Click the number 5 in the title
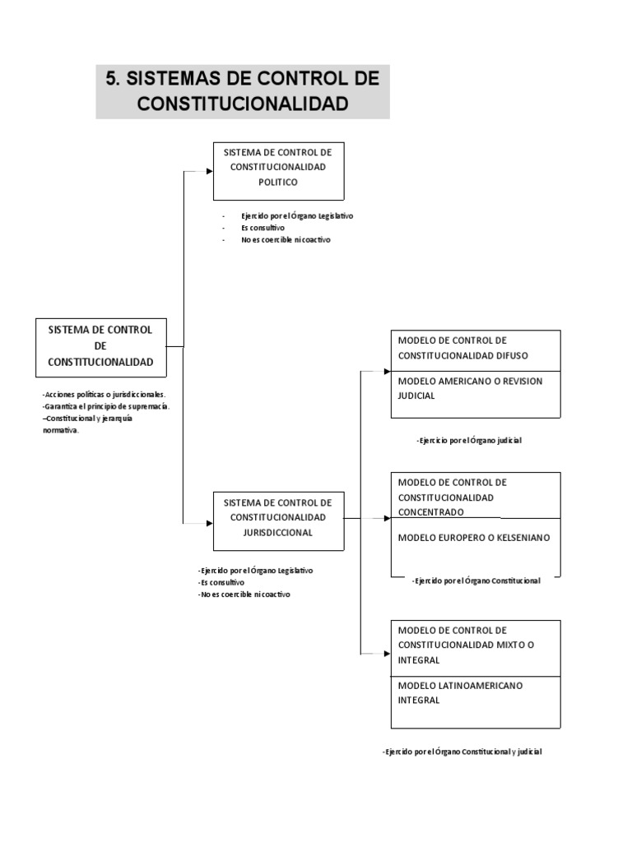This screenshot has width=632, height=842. (112, 80)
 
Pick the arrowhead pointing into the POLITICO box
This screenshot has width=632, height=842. (209, 171)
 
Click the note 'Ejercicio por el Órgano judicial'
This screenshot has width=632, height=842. (470, 441)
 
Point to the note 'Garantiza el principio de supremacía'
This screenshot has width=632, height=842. (106, 406)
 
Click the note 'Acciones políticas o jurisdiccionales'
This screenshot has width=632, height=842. (104, 395)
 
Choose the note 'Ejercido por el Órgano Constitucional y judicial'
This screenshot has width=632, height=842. (462, 752)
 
